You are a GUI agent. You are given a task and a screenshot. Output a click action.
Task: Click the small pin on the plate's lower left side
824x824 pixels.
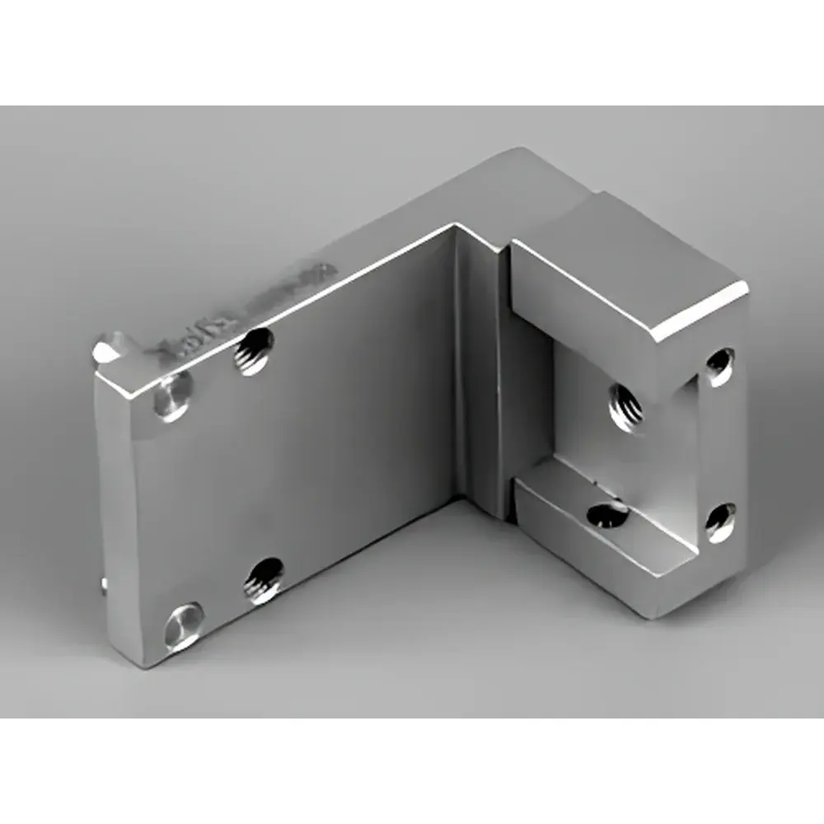[x=103, y=583]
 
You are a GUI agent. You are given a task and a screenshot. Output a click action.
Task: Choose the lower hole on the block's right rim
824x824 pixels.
[x=719, y=521]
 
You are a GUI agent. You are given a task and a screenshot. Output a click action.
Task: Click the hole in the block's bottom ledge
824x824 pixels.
[x=608, y=514]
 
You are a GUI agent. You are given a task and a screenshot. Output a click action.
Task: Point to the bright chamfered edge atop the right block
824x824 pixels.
[x=700, y=313]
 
